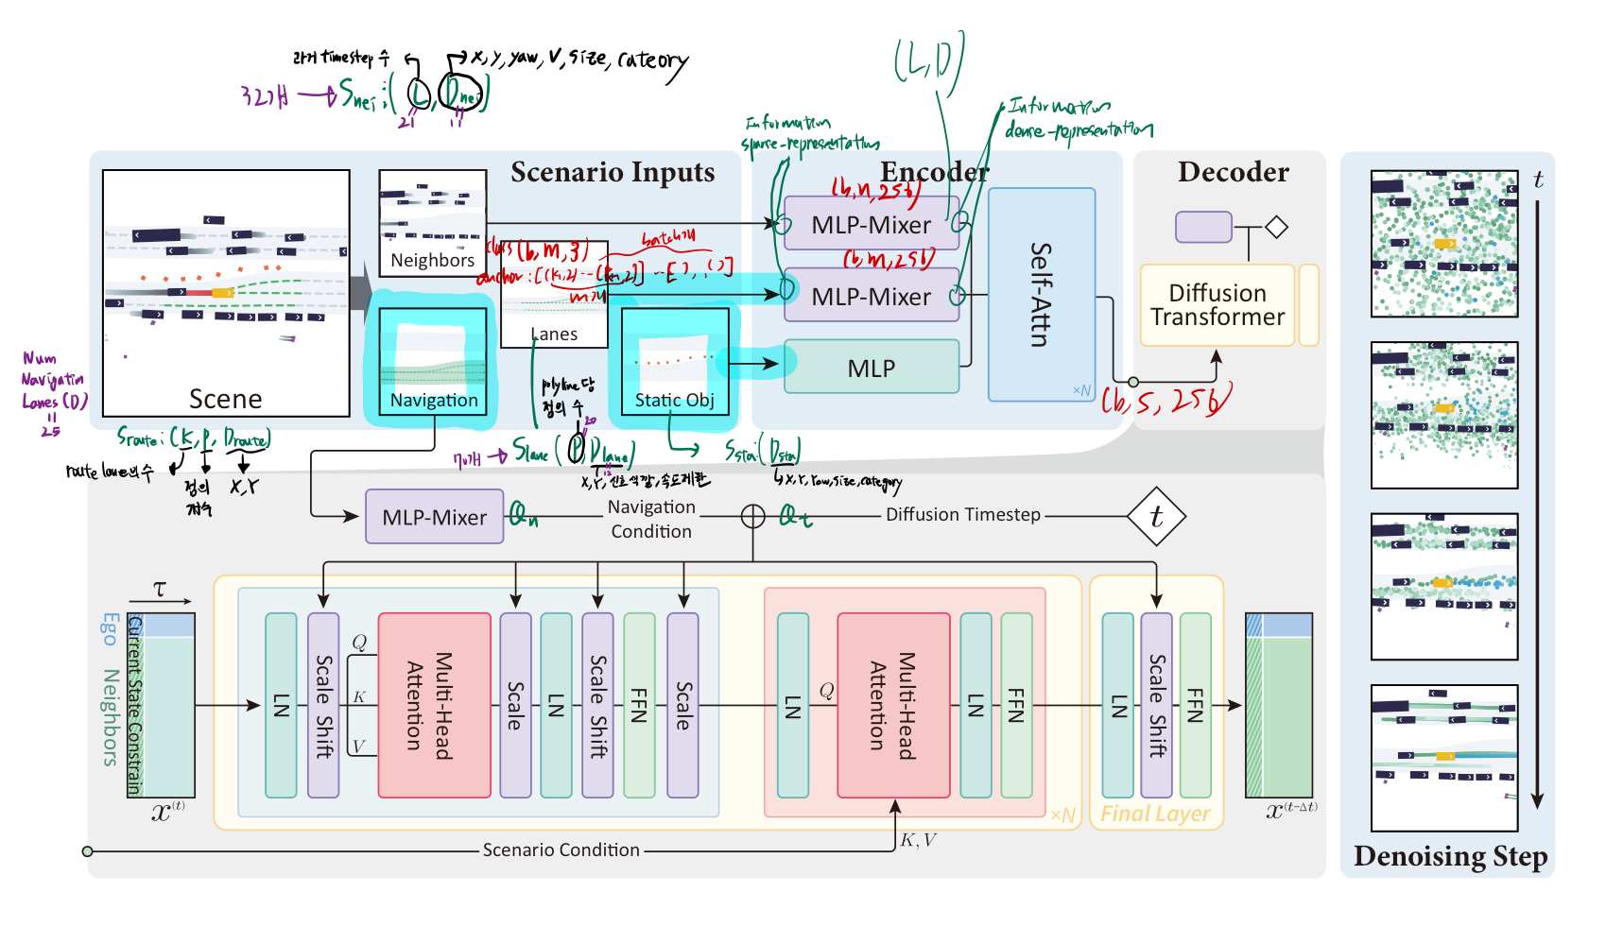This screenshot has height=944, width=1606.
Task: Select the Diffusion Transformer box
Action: point(1217,305)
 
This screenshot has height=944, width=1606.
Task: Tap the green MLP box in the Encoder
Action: point(871,368)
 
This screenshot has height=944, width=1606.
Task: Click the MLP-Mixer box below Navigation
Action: point(434,517)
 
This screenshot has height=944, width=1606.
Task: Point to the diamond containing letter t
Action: point(1156,516)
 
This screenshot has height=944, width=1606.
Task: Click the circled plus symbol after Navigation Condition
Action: point(752,516)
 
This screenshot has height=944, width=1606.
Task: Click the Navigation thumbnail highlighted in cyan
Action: point(433,360)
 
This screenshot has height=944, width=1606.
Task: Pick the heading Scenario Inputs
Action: point(613,172)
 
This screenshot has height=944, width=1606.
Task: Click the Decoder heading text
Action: point(1233,172)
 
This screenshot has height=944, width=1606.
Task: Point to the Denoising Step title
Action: point(1450,856)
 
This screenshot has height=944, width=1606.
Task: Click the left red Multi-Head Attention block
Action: point(434,705)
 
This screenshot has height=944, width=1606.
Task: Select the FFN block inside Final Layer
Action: point(1195,705)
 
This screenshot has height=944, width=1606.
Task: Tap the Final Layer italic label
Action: point(1155,814)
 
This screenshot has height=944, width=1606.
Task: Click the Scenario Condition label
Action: point(561,850)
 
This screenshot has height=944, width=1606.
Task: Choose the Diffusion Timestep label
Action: point(962,514)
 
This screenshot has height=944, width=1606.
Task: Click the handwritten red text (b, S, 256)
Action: point(1166,401)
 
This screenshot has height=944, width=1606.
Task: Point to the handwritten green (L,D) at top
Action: point(928,59)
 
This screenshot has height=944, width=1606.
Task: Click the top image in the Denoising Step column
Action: point(1443,244)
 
